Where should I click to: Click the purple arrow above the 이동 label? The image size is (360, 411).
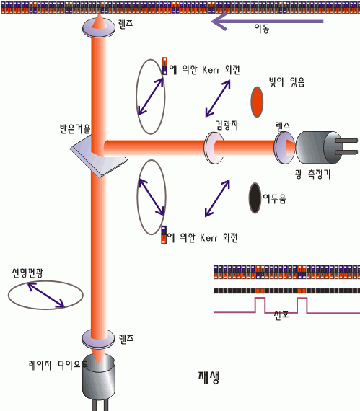pyautogui.click(x=267, y=22)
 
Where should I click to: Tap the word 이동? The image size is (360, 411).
pyautogui.click(x=262, y=29)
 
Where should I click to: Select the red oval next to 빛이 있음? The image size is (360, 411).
pyautogui.click(x=257, y=102)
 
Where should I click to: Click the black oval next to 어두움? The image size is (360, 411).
pyautogui.click(x=255, y=198)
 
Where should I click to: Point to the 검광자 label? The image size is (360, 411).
pyautogui.click(x=227, y=125)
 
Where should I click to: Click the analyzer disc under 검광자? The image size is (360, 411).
pyautogui.click(x=214, y=148)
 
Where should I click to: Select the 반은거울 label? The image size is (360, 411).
pyautogui.click(x=75, y=129)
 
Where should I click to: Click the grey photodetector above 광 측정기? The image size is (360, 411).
pyautogui.click(x=326, y=148)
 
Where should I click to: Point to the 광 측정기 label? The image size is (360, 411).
pyautogui.click(x=312, y=174)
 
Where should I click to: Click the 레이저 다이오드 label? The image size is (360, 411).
pyautogui.click(x=58, y=365)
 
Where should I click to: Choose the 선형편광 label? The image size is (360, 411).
pyautogui.click(x=27, y=273)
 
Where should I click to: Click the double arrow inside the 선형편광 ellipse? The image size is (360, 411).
pyautogui.click(x=46, y=295)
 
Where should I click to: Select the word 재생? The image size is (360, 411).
pyautogui.click(x=208, y=377)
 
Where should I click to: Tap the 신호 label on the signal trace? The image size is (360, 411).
pyautogui.click(x=281, y=314)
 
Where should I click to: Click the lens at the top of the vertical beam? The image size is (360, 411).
pyautogui.click(x=99, y=27)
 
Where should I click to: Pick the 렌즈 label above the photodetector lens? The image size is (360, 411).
pyautogui.click(x=283, y=125)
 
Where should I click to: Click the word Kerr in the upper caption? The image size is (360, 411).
pyautogui.click(x=210, y=70)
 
